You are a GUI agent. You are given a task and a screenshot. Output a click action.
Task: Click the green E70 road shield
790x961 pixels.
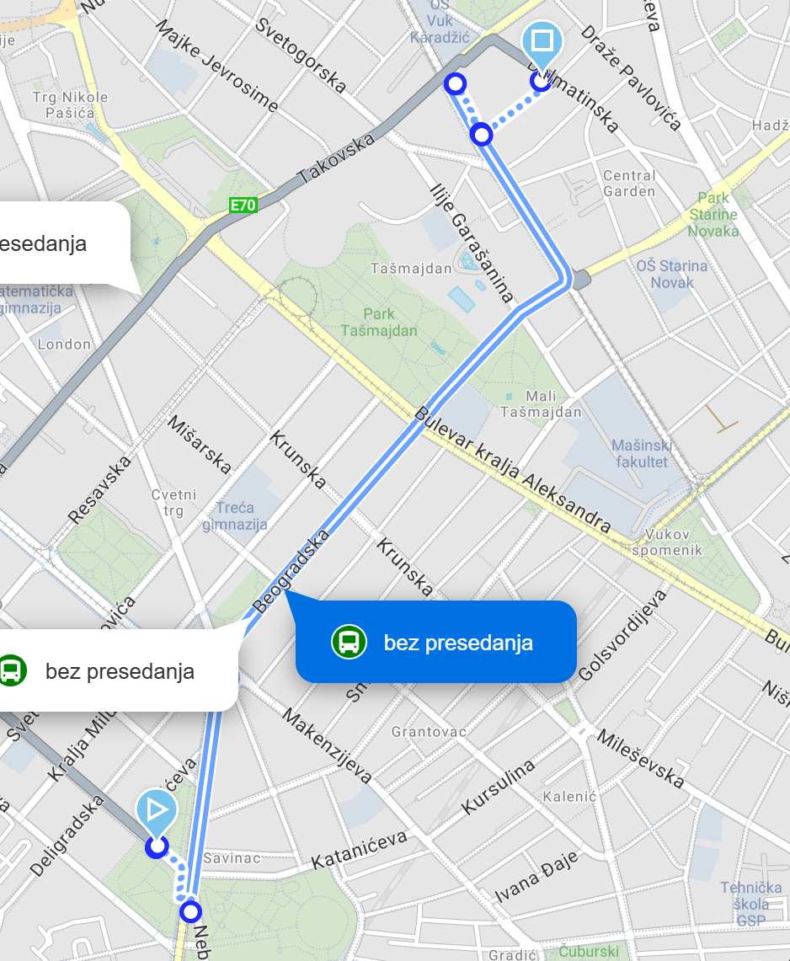tap(243, 204)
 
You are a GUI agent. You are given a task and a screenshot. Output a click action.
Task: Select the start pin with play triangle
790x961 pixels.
tap(157, 811)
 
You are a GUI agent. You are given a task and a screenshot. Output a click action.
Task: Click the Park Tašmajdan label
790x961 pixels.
tap(379, 323)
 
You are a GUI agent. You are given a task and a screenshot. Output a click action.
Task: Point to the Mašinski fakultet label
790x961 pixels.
tap(640, 453)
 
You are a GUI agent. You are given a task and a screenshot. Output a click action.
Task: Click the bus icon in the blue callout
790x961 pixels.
tap(349, 642)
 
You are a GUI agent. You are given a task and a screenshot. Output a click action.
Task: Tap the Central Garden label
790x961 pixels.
tap(629, 184)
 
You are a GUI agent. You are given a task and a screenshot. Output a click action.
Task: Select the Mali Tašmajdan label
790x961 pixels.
tap(541, 404)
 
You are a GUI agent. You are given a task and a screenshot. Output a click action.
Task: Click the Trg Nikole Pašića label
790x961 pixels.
tap(71, 105)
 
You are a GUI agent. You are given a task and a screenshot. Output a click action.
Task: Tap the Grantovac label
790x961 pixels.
tap(429, 732)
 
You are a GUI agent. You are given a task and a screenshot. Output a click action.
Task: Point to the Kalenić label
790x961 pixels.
tap(569, 796)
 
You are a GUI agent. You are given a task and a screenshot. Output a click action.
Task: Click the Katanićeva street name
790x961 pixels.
tap(360, 850)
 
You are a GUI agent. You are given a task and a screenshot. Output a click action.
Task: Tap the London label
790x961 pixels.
tap(64, 344)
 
